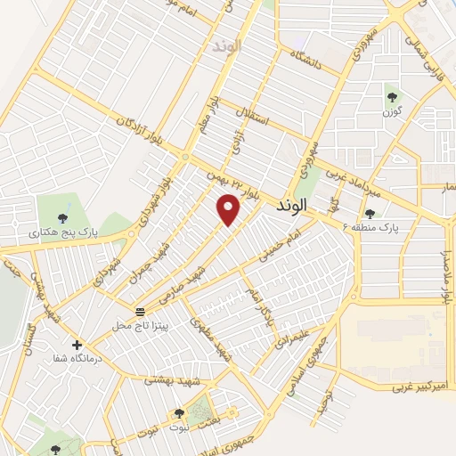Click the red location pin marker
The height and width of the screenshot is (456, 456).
click(229, 209)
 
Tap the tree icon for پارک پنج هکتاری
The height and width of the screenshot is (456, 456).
click(61, 217)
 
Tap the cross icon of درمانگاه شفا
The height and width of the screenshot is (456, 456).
click(77, 345)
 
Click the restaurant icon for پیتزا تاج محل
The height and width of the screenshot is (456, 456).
click(140, 312)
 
